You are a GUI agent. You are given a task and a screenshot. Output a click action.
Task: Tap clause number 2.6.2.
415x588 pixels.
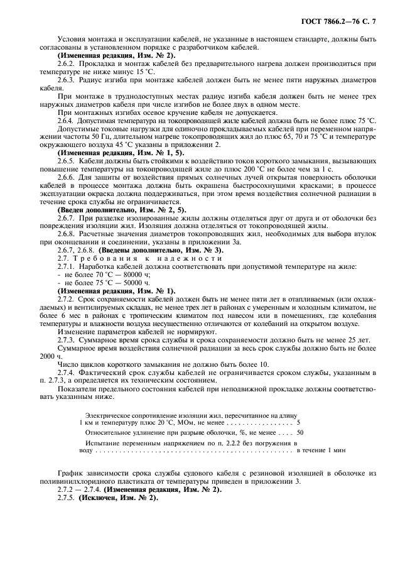click(67, 65)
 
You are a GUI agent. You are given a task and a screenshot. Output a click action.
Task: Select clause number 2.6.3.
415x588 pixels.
click(67, 81)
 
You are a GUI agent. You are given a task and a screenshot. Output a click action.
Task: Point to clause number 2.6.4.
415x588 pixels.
click(67, 120)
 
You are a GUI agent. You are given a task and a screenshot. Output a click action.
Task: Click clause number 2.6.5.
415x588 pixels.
click(67, 161)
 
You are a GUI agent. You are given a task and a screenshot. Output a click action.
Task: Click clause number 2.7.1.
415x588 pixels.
click(67, 266)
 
